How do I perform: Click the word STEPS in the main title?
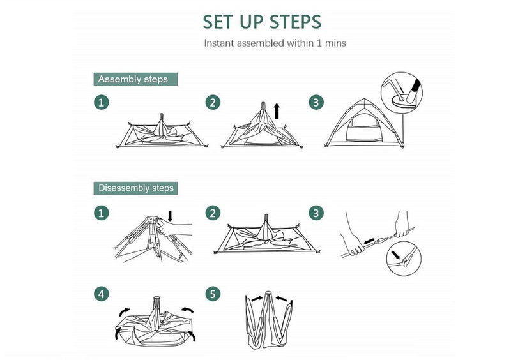tap(296, 22)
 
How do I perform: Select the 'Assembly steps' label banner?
tap(135, 79)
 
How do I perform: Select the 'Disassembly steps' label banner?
tap(135, 188)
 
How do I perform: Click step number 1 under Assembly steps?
tap(102, 102)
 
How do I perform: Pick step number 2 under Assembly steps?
tap(213, 102)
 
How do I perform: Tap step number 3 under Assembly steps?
tap(316, 102)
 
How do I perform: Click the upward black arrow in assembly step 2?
tap(277, 111)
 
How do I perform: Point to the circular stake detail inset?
tap(402, 93)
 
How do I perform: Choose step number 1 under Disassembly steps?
tap(102, 213)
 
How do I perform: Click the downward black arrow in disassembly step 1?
tap(170, 216)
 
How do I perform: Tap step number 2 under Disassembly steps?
tap(213, 213)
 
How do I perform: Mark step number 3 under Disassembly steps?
tap(316, 213)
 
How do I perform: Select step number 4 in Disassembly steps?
tap(102, 294)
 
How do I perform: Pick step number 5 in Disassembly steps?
tap(213, 294)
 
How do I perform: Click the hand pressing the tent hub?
tap(171, 228)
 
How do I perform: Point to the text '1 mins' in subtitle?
tap(332, 43)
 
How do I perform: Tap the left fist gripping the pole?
tap(353, 245)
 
